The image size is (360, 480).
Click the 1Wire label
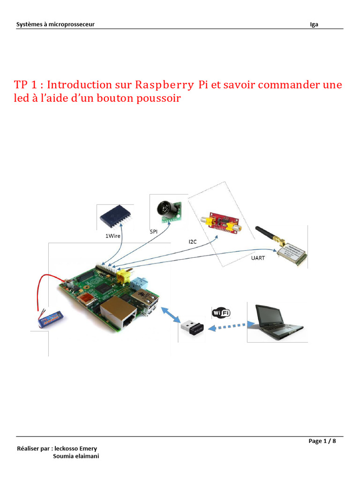[113, 236]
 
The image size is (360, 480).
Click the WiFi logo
[221, 313]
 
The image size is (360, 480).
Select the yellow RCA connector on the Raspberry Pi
[124, 277]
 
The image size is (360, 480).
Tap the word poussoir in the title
[157, 99]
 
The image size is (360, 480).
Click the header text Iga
[314, 24]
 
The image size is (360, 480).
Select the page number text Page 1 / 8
[322, 441]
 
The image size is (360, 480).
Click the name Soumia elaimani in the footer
[76, 456]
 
